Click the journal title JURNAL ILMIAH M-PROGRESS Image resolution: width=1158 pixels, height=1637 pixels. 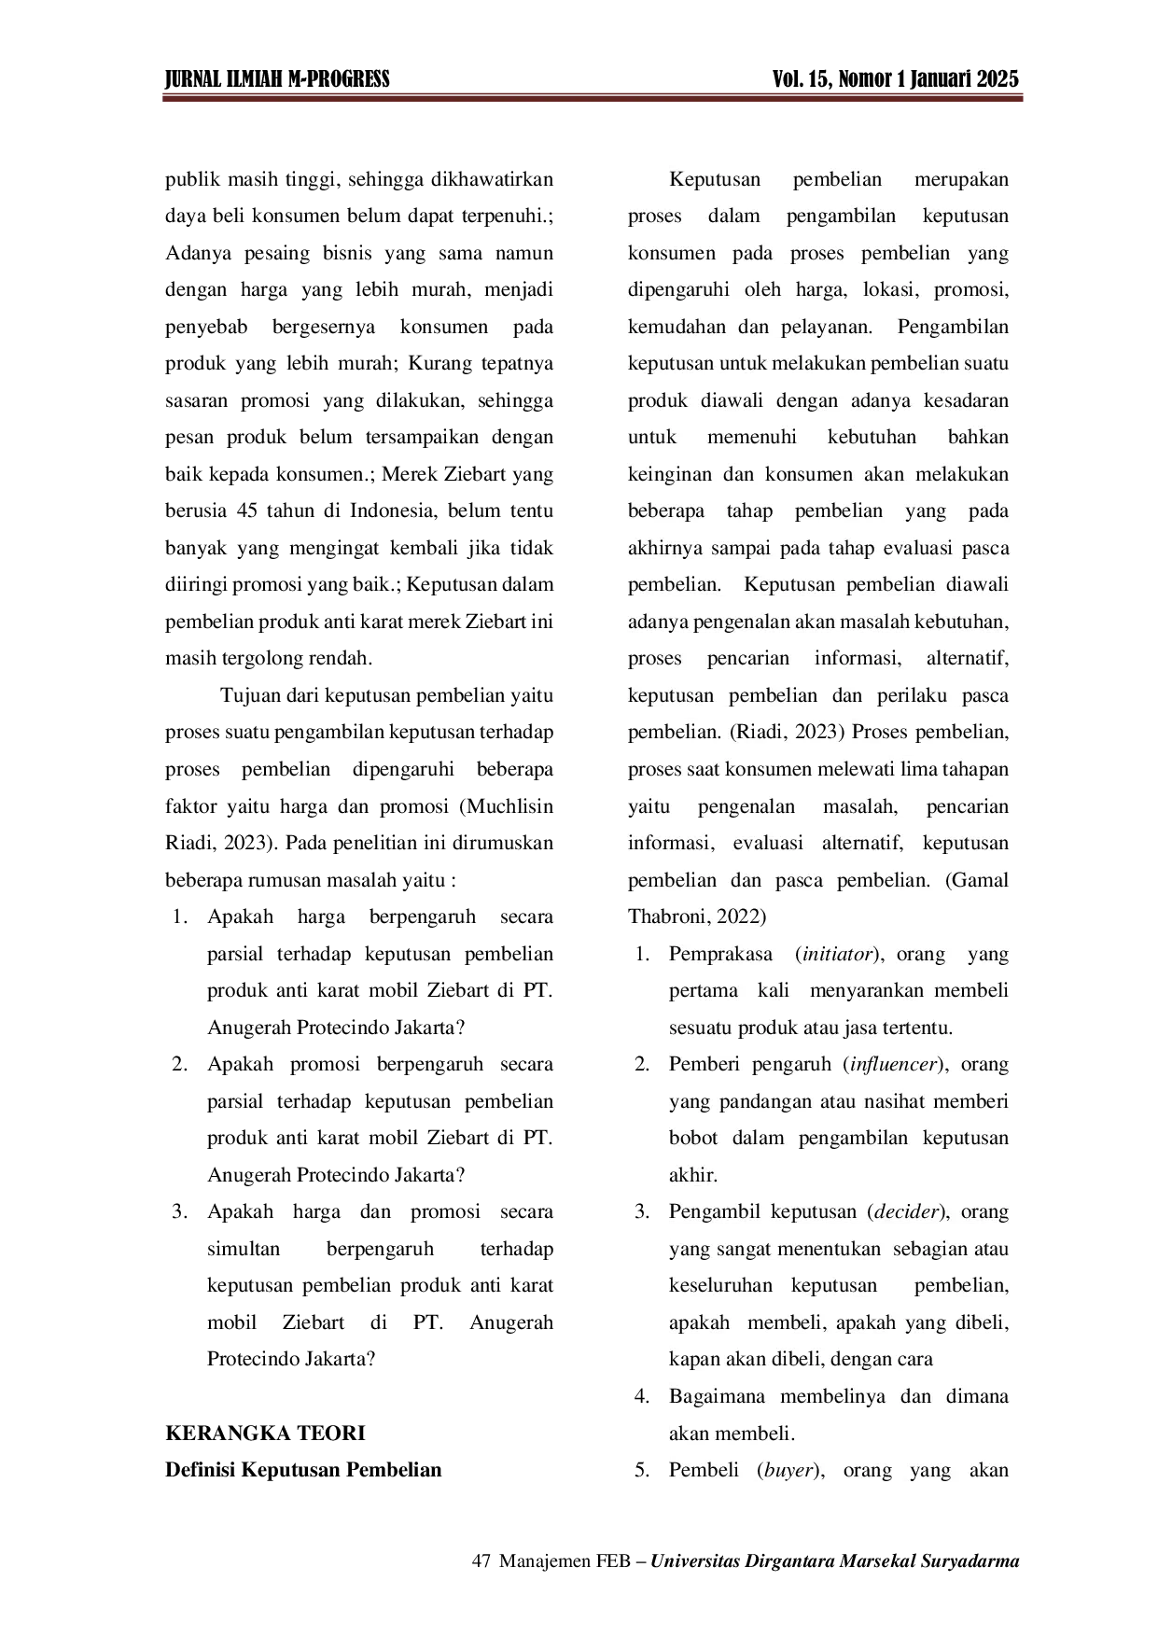click(277, 79)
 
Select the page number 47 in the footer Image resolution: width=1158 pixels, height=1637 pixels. click(482, 1561)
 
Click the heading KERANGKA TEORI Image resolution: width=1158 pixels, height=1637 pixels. click(265, 1433)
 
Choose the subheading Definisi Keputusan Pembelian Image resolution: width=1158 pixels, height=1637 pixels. click(303, 1470)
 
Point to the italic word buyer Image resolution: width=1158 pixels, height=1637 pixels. click(789, 1471)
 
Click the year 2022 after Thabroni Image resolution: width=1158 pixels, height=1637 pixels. click(740, 917)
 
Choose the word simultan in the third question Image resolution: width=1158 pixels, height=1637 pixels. click(244, 1249)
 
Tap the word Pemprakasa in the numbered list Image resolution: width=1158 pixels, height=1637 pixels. click(720, 955)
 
